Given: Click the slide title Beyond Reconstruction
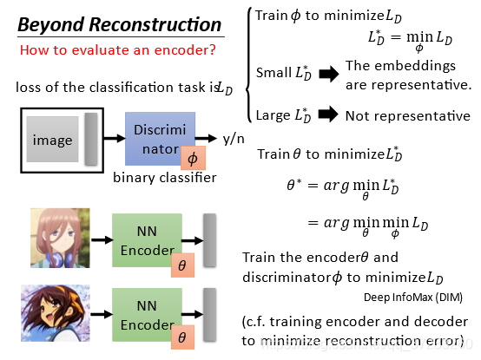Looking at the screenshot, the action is tap(120, 24).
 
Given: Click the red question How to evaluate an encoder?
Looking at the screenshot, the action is tap(118, 50).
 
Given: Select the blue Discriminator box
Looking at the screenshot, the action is tap(160, 139).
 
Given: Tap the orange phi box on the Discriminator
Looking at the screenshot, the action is tap(193, 158).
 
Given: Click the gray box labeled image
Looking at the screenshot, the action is tap(52, 139).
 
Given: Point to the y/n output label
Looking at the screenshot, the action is tap(234, 139).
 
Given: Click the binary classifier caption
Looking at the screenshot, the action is tap(165, 178).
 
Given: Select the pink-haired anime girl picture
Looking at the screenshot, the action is tap(60, 238).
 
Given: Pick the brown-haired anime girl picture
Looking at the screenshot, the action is tap(56, 313).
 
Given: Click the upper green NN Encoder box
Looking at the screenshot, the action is tap(147, 240).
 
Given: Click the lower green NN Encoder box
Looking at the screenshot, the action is tap(147, 315).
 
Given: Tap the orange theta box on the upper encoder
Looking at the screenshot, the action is tap(182, 265).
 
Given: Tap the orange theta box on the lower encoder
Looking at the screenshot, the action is tap(182, 337).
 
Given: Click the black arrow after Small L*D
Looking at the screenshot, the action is tap(329, 74).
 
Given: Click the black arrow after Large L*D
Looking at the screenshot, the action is tap(328, 115).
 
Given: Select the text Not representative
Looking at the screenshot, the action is tap(408, 116).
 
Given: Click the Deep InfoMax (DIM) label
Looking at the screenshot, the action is tap(413, 298).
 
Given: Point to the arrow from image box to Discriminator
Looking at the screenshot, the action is tap(115, 139).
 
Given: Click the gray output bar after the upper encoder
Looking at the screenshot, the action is tap(210, 240).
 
